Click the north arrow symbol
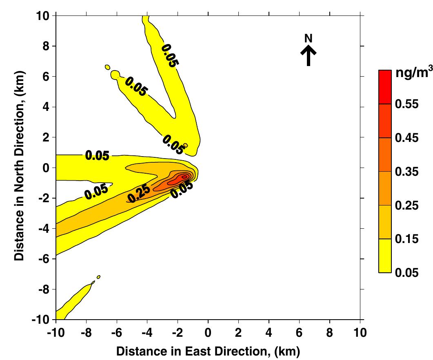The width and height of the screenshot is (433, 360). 309,56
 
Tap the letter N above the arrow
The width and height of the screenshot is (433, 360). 309,38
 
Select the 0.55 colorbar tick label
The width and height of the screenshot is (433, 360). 407,104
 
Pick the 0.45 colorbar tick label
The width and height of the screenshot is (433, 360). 407,138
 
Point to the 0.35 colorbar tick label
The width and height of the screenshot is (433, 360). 407,172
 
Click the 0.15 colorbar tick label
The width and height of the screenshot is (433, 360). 407,239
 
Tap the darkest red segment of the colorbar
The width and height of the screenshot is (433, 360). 385,87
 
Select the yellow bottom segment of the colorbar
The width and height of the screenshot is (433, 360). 385,256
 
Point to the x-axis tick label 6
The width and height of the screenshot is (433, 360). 299,333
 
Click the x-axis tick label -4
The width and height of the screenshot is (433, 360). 147,333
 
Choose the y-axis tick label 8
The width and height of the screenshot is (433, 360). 46,46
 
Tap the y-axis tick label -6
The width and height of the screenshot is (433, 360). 43,259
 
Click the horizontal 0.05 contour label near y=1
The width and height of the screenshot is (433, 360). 97,156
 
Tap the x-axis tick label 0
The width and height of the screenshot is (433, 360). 208,333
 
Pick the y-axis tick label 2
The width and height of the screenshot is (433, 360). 46,137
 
